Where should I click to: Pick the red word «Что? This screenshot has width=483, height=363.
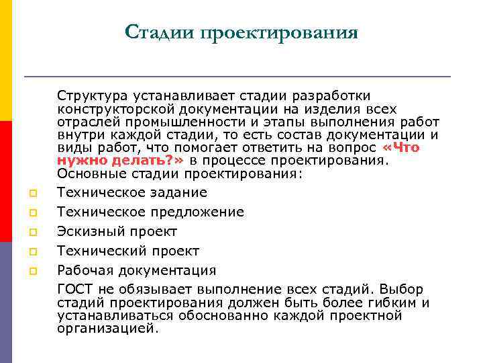400,147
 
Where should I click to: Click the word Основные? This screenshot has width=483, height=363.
85,173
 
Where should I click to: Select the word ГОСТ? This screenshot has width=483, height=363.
74,290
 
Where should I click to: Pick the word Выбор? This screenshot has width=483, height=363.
401,290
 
